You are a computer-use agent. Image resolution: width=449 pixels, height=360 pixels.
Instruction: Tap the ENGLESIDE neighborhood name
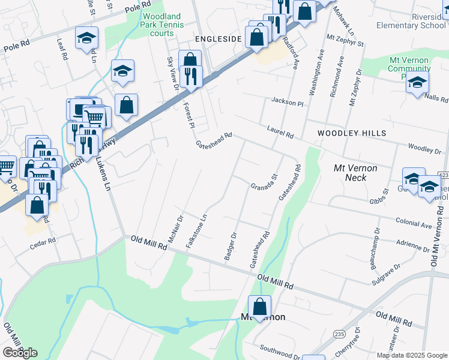point(218,39)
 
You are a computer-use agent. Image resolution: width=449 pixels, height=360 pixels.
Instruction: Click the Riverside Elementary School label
point(411,21)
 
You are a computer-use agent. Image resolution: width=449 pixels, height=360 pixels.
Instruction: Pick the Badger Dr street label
point(231,247)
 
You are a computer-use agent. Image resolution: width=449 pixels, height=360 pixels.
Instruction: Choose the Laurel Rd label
point(280,132)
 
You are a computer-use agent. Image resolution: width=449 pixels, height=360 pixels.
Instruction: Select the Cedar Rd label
point(43,241)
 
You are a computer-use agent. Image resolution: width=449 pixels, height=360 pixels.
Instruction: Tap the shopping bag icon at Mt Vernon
point(259,307)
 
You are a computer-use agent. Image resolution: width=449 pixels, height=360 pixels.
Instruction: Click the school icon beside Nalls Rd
point(417,83)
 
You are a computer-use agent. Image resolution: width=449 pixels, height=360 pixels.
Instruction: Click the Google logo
point(20,353)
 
